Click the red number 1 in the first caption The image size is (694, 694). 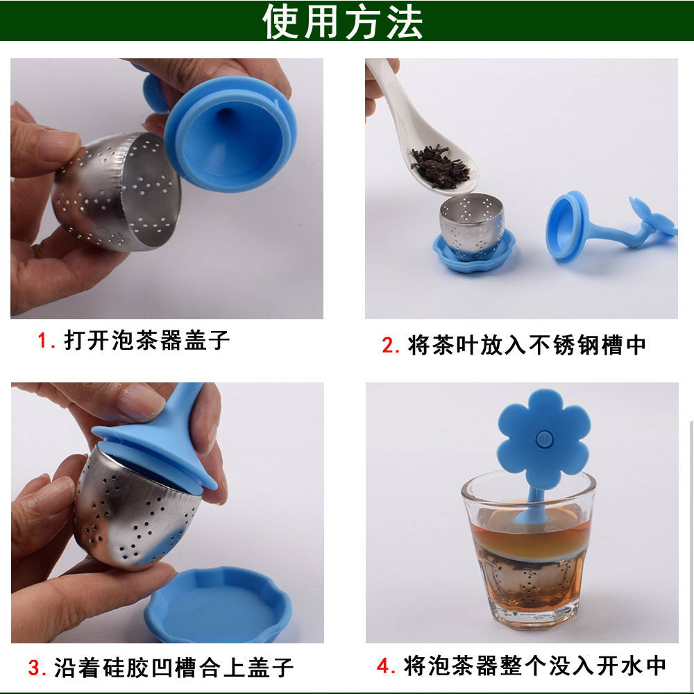(x=44, y=341)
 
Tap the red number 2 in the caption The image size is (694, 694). (x=389, y=346)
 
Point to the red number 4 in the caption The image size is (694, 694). (x=384, y=666)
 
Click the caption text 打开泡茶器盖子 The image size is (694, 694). (x=146, y=341)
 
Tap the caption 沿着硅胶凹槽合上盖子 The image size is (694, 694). (x=173, y=668)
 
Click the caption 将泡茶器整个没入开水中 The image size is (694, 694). (x=534, y=666)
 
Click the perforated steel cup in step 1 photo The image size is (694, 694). (x=118, y=191)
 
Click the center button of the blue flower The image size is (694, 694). (x=543, y=439)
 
